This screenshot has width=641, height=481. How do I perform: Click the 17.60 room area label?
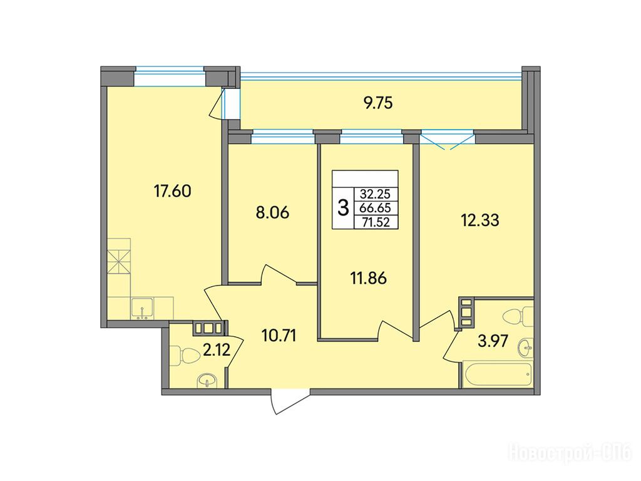click(172, 191)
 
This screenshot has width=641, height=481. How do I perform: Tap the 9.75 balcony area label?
click(378, 103)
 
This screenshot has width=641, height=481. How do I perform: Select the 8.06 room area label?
click(272, 213)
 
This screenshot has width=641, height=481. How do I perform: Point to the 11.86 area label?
click(368, 278)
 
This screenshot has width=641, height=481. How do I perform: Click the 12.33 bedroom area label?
click(480, 220)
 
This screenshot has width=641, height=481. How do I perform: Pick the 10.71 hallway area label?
click(278, 336)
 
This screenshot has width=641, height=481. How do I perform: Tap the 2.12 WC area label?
click(216, 351)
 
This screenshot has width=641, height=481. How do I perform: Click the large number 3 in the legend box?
click(344, 208)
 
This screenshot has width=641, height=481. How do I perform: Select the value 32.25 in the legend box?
click(375, 194)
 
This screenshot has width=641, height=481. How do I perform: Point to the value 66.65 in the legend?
click(375, 208)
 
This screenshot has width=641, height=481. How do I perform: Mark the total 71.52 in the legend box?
click(375, 222)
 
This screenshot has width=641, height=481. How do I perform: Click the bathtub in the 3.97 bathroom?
click(498, 373)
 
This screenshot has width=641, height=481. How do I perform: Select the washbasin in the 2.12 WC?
click(208, 381)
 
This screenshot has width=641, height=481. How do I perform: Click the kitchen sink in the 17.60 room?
click(142, 308)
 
